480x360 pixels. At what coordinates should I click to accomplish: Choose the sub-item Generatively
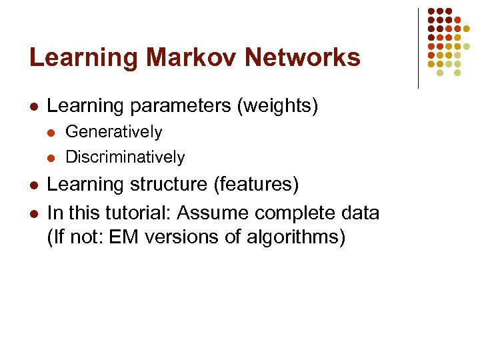pyautogui.click(x=113, y=132)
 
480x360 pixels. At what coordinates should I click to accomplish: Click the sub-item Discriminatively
pyautogui.click(x=125, y=157)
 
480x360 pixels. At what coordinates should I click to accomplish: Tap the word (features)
pyautogui.click(x=260, y=185)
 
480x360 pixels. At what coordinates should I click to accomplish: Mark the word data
pyautogui.click(x=359, y=213)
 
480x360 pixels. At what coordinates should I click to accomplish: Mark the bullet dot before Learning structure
pyautogui.click(x=33, y=185)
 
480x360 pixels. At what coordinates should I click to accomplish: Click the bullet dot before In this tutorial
pyautogui.click(x=33, y=214)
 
